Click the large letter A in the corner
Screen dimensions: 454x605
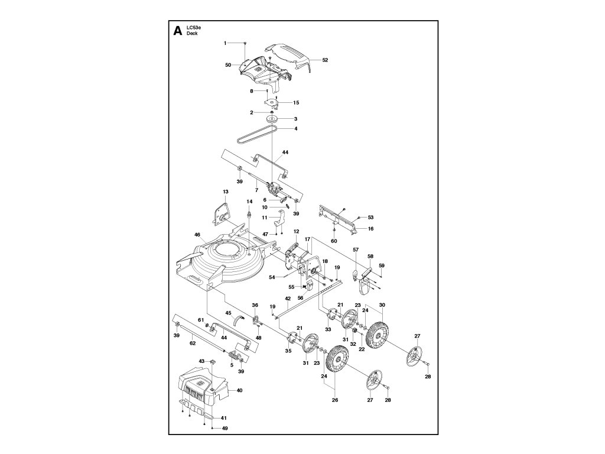point(177,32)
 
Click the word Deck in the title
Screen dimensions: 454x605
point(192,34)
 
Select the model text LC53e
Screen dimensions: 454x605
point(194,28)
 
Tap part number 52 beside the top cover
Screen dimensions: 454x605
point(325,60)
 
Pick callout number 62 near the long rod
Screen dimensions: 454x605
point(192,342)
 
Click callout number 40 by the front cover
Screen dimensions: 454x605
point(239,390)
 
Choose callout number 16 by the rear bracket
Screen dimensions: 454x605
point(371,228)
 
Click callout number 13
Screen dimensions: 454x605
point(225,192)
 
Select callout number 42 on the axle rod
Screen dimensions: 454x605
point(288,299)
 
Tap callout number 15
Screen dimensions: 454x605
point(296,103)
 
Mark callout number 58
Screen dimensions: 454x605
point(370,256)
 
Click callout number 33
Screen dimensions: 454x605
point(328,329)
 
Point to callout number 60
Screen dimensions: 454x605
point(334,241)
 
